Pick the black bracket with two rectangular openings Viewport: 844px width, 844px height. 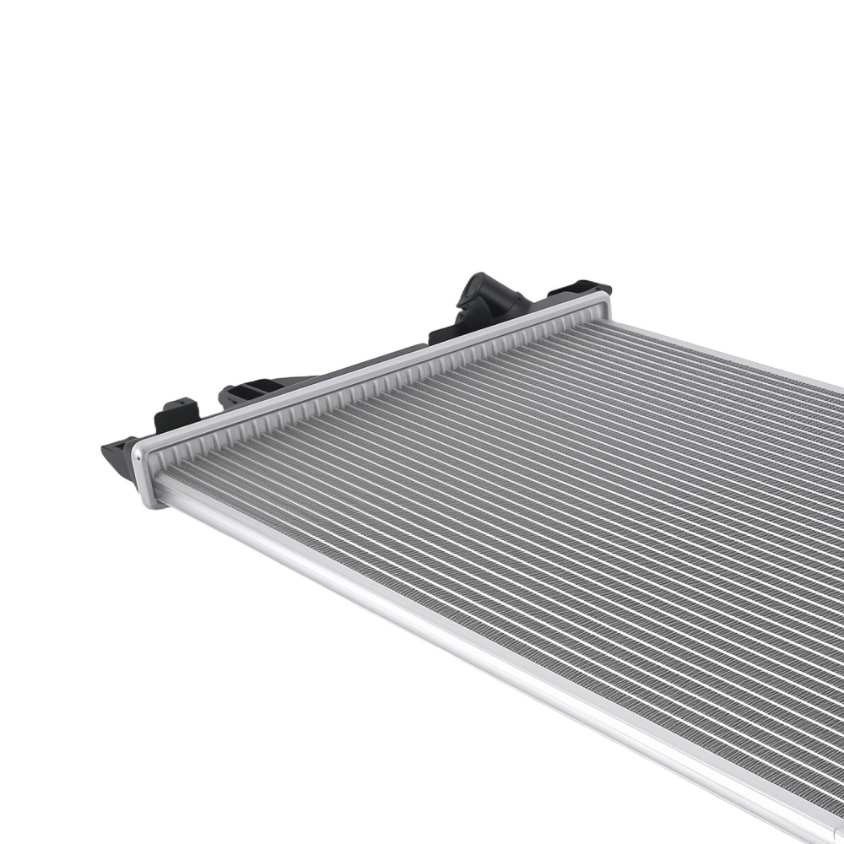point(253,392)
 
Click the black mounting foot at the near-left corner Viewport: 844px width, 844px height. point(118,456)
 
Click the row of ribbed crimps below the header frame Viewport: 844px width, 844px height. point(380,393)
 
